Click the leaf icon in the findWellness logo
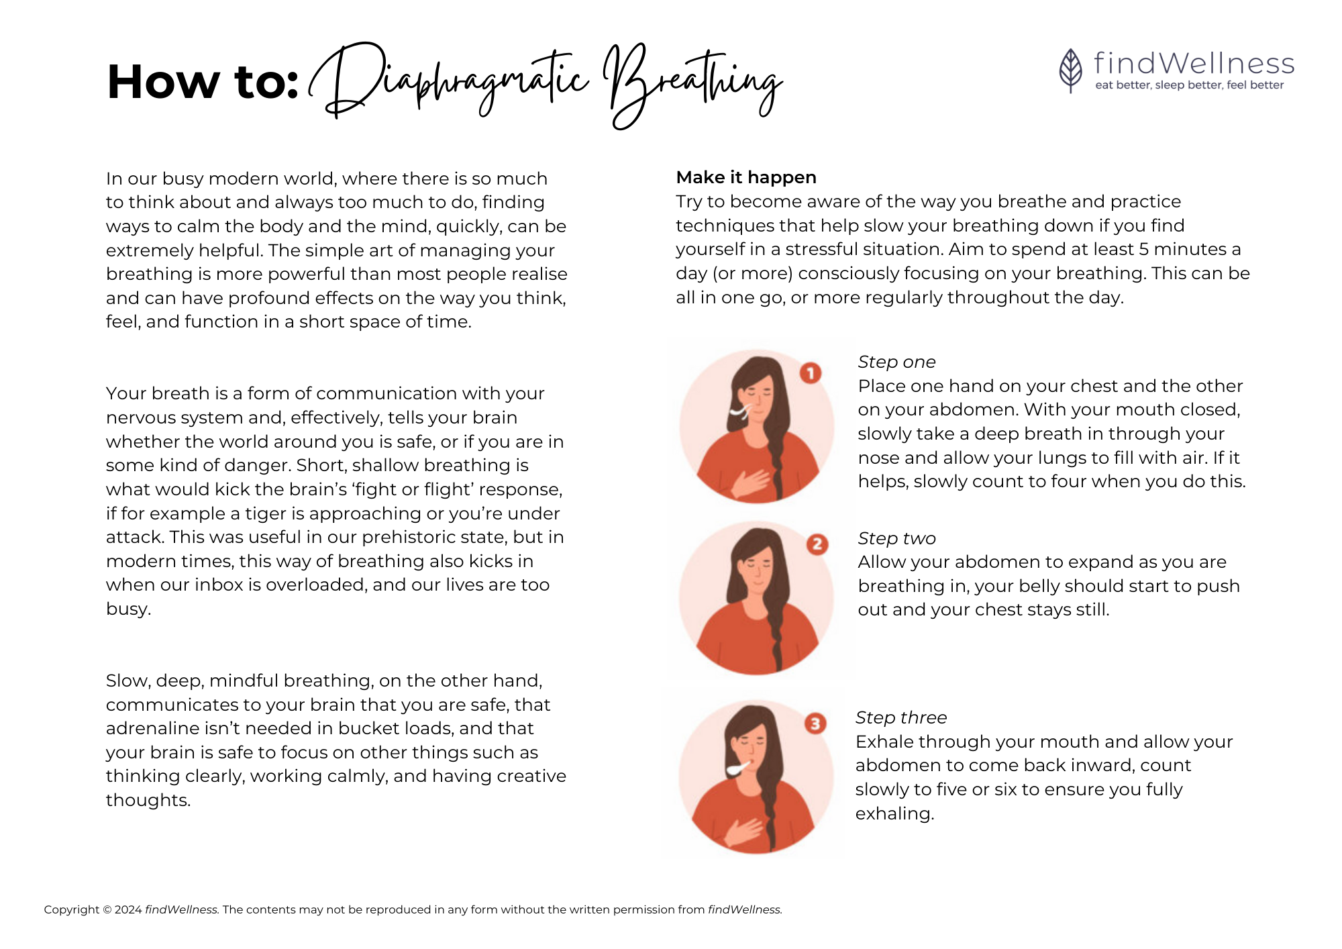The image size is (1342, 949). [1070, 70]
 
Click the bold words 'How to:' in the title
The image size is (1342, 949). [203, 82]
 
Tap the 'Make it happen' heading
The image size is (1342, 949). [746, 177]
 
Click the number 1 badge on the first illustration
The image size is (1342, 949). [811, 372]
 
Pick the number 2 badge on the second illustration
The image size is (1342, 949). [817, 544]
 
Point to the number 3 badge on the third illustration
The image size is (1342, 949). [815, 723]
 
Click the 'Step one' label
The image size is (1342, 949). [896, 362]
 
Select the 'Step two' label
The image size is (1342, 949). [896, 538]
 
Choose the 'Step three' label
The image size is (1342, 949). [901, 717]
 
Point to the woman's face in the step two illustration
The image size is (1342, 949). [756, 568]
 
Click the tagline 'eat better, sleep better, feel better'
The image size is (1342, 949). [1190, 85]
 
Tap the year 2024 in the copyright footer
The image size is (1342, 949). [128, 909]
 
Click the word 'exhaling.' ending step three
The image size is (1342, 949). [895, 813]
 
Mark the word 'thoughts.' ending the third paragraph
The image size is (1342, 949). [148, 800]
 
